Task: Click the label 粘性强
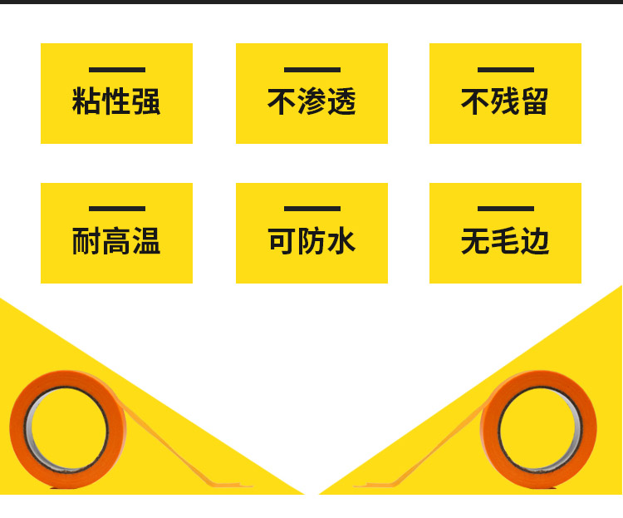116,102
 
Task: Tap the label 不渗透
311,102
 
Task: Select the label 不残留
505,102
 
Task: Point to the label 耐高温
116,242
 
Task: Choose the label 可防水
311,242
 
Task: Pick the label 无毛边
505,242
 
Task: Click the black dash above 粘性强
117,70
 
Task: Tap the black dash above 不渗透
312,70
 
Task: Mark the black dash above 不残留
506,70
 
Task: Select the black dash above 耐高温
117,209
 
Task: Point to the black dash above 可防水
312,209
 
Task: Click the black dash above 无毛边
506,209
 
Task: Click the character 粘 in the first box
86,102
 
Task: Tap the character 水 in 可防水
341,242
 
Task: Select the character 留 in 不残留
535,102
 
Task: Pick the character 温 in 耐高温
146,242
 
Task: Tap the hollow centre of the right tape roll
540,428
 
